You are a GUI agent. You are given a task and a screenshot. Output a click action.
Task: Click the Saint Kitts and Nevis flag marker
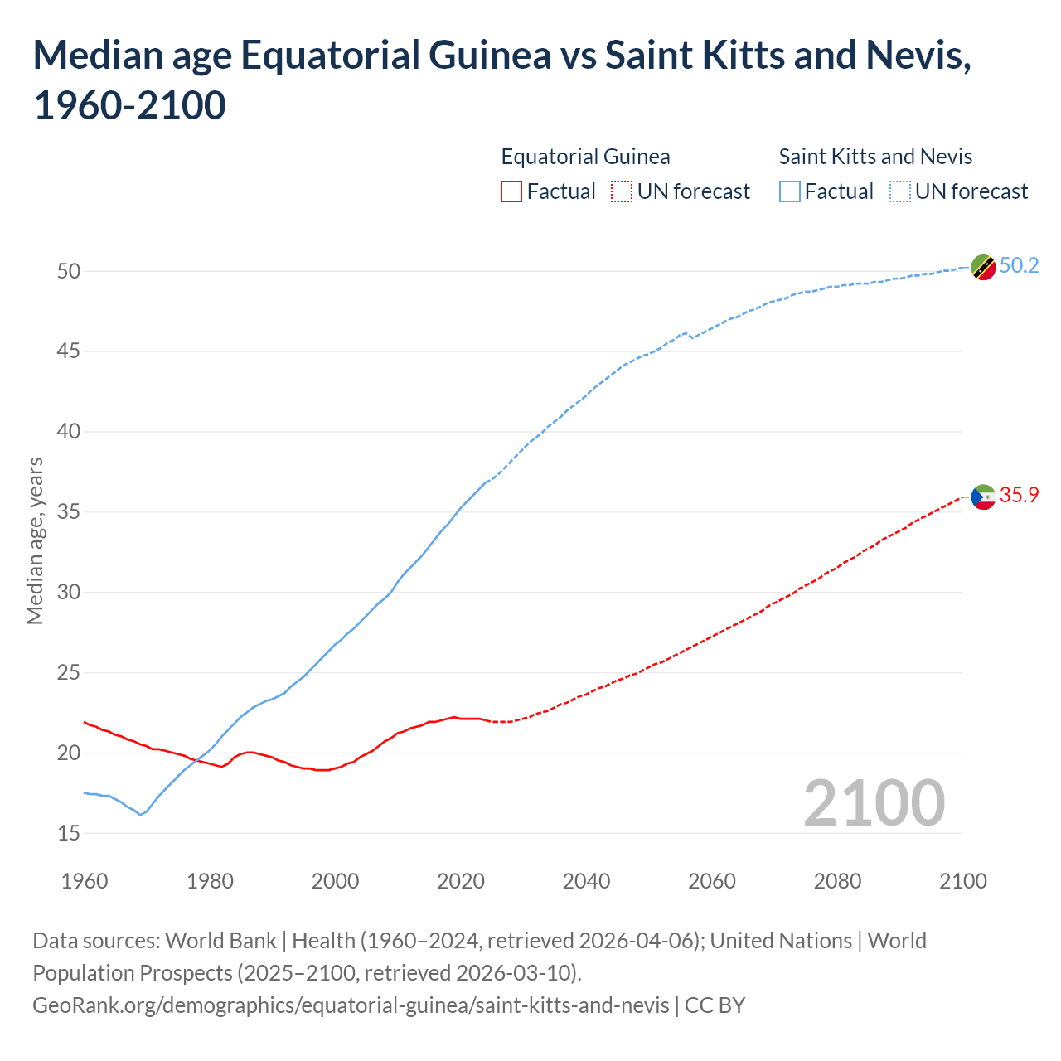[x=983, y=268]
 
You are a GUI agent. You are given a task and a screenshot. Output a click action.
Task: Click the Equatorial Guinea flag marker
[x=983, y=497]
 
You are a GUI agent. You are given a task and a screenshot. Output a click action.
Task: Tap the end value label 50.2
[x=1019, y=265]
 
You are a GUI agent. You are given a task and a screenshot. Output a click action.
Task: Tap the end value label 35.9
[x=1019, y=495]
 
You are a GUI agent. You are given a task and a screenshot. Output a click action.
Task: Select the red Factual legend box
[x=511, y=191]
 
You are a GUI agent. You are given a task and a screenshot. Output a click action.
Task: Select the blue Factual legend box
[x=789, y=191]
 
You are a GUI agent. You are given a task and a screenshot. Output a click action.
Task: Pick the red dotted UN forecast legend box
[x=622, y=191]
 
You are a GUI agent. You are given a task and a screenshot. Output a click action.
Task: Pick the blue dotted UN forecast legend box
[x=899, y=191]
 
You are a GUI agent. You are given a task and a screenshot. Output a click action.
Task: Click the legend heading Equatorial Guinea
[x=585, y=157]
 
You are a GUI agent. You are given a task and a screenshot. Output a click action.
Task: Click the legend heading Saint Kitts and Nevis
[x=875, y=157]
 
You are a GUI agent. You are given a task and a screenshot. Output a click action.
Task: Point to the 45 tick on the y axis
[x=69, y=351]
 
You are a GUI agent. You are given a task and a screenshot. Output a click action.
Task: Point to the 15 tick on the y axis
[x=69, y=833]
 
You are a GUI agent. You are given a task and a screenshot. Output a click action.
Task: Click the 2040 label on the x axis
[x=586, y=881]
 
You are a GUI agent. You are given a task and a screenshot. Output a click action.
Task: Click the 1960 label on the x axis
[x=85, y=881]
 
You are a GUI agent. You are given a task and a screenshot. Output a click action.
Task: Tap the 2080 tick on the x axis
[x=837, y=881]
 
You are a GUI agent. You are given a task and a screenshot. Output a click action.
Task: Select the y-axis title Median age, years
[x=35, y=540]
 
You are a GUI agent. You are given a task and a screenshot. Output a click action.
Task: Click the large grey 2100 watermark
[x=874, y=803]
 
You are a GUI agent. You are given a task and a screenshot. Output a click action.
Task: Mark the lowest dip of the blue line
[x=140, y=815]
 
